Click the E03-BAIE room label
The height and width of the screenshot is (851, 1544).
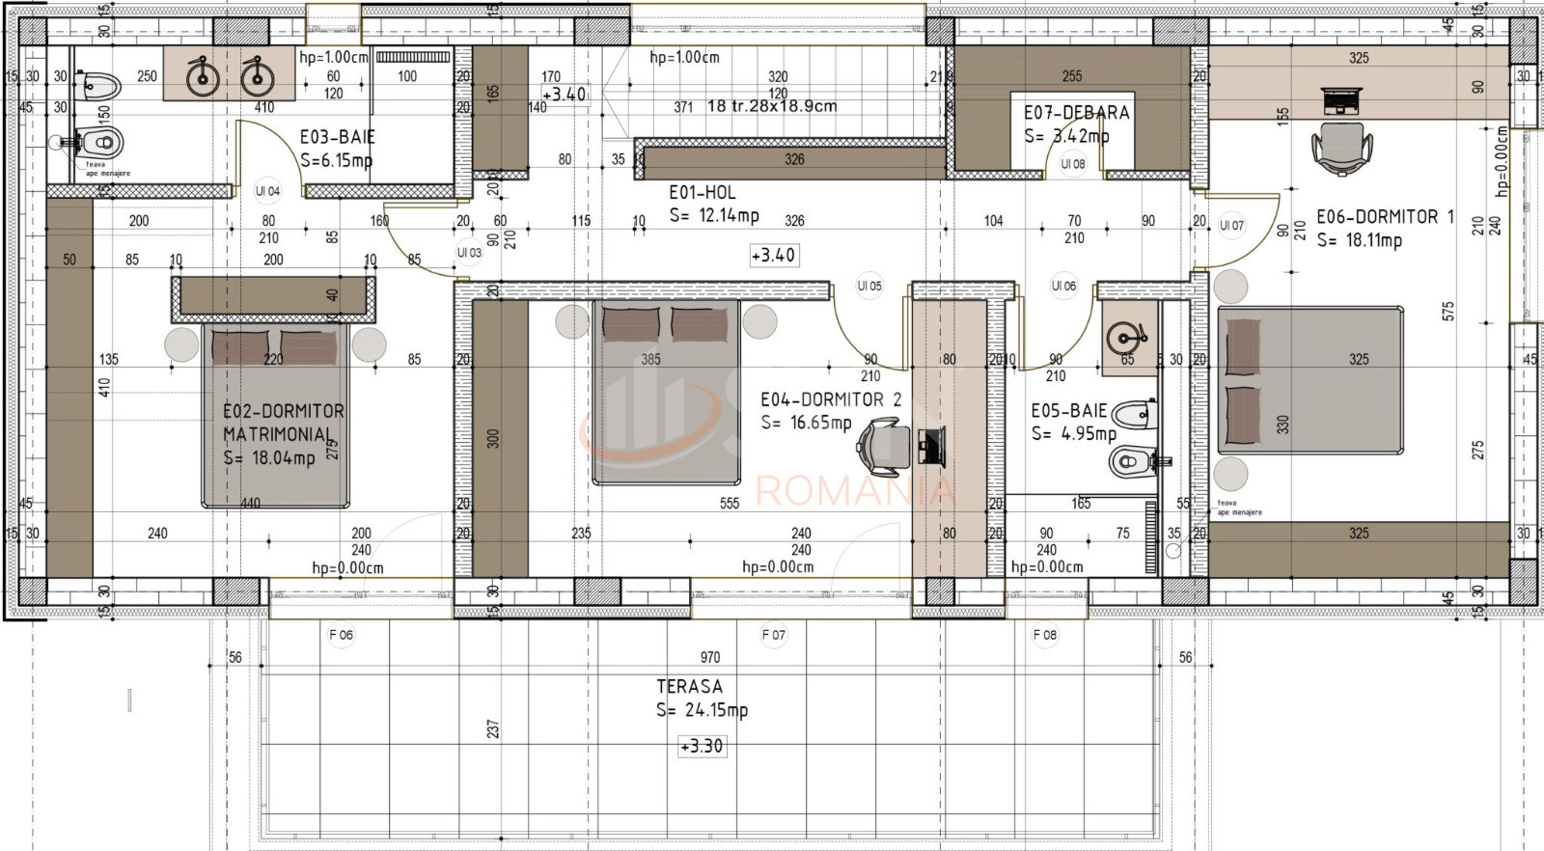[337, 137]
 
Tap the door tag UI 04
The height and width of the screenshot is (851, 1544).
[267, 191]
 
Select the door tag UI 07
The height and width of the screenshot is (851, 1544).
[1231, 226]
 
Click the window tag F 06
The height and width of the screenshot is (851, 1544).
[341, 635]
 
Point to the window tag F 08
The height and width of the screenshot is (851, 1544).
[1044, 635]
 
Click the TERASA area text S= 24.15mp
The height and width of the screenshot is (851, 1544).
[702, 710]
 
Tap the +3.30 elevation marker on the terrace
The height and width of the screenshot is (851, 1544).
[702, 746]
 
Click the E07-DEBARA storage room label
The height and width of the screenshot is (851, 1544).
[1076, 113]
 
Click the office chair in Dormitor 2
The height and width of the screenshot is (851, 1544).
[882, 446]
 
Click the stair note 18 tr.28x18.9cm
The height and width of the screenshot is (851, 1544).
[771, 106]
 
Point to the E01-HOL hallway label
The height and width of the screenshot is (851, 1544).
[703, 192]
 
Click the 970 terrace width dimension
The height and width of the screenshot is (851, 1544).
[710, 657]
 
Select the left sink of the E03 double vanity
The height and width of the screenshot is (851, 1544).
[203, 75]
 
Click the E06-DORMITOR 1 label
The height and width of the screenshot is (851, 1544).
[1385, 217]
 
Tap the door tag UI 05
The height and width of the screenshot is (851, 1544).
[869, 286]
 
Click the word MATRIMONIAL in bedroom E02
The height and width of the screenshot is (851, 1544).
[277, 434]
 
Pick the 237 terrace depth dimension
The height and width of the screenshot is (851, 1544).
[493, 728]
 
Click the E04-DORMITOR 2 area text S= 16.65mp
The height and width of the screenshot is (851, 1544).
[806, 423]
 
